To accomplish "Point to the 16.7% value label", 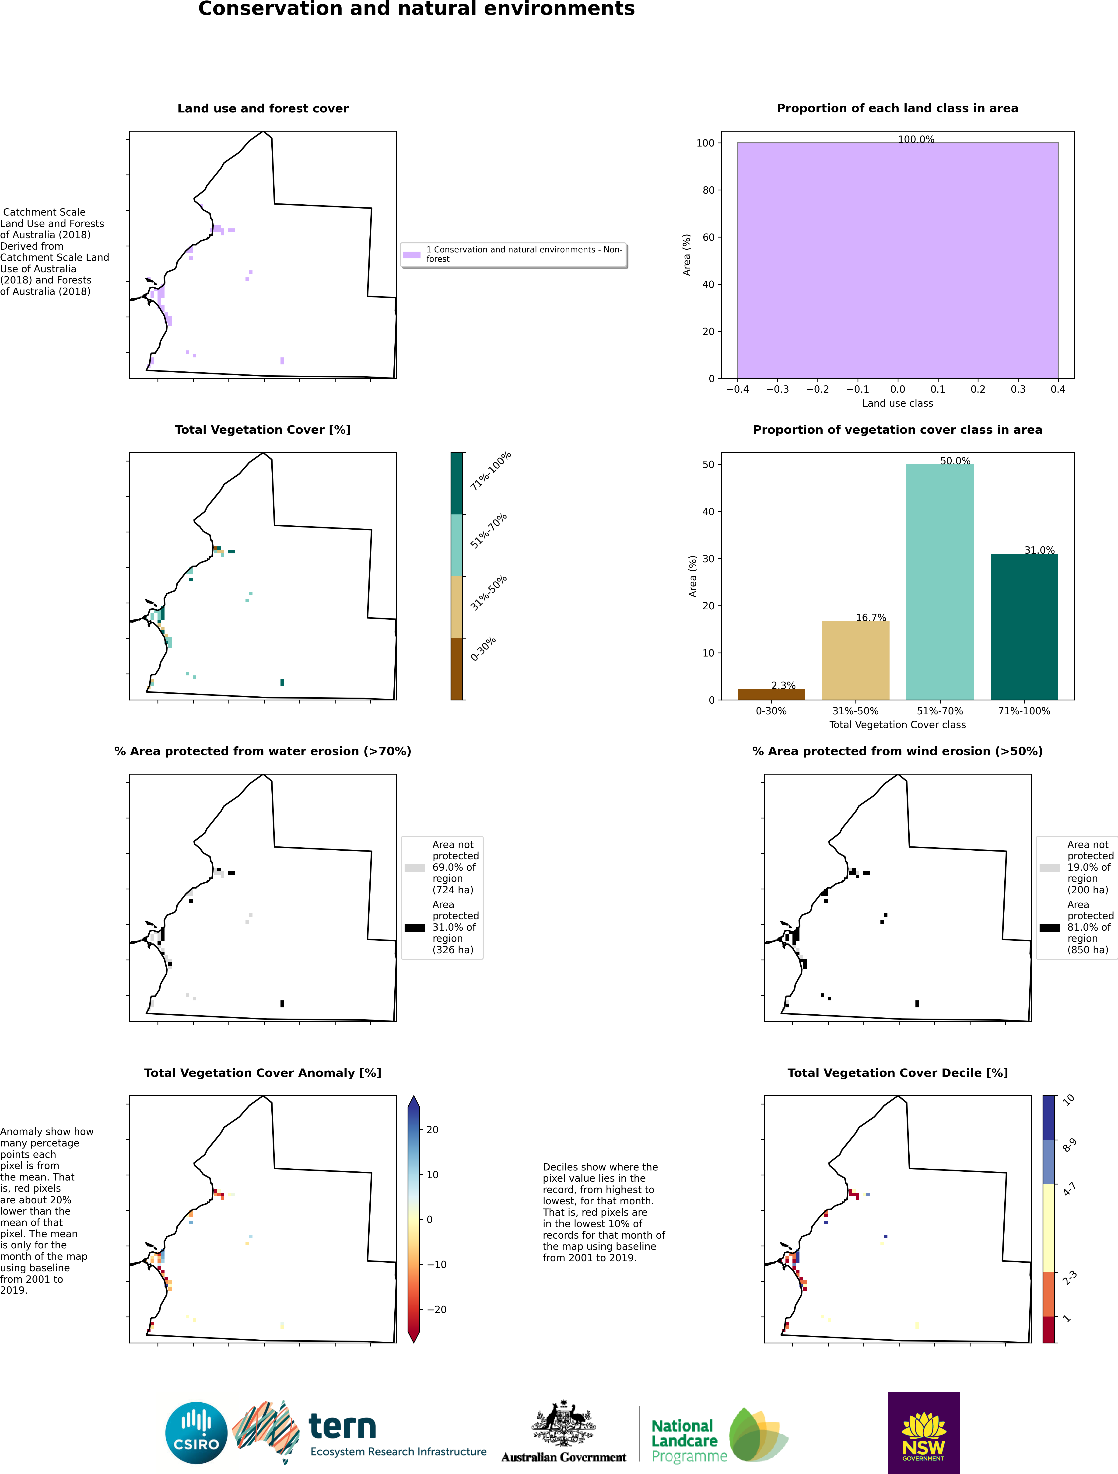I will tap(871, 618).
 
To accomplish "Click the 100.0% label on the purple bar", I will tap(916, 139).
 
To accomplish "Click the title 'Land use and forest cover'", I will tap(263, 109).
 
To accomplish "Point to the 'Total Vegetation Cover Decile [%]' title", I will tap(897, 1073).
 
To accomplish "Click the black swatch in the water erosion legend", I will tap(415, 928).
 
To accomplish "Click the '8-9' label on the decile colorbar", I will tap(1069, 1145).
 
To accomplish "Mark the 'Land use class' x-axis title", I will tap(897, 403).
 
